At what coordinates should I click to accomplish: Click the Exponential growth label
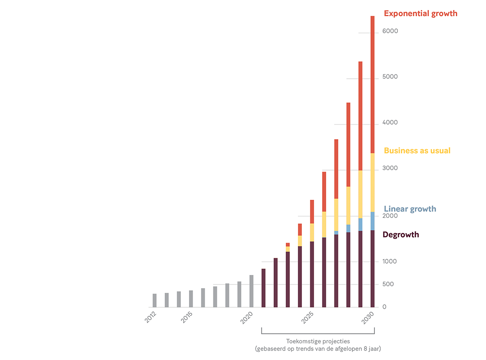click(420, 13)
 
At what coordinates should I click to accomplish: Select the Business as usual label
click(417, 151)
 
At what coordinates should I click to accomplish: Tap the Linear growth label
click(409, 209)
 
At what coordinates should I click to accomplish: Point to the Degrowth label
click(400, 235)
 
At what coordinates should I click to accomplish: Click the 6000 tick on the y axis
click(390, 31)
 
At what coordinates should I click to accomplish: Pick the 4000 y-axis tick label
click(390, 123)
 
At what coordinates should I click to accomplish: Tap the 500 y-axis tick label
click(387, 284)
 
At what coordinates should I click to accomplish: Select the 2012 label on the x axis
click(151, 317)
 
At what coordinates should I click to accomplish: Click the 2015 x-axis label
click(187, 317)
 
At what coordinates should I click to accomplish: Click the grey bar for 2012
click(154, 301)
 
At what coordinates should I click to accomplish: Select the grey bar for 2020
click(252, 291)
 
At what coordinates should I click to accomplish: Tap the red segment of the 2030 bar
click(373, 85)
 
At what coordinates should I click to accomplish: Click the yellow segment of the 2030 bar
click(373, 182)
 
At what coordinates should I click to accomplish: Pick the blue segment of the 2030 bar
click(373, 221)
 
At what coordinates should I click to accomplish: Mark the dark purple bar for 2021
click(264, 288)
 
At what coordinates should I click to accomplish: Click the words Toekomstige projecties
click(318, 341)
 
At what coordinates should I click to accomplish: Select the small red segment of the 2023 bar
click(288, 245)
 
